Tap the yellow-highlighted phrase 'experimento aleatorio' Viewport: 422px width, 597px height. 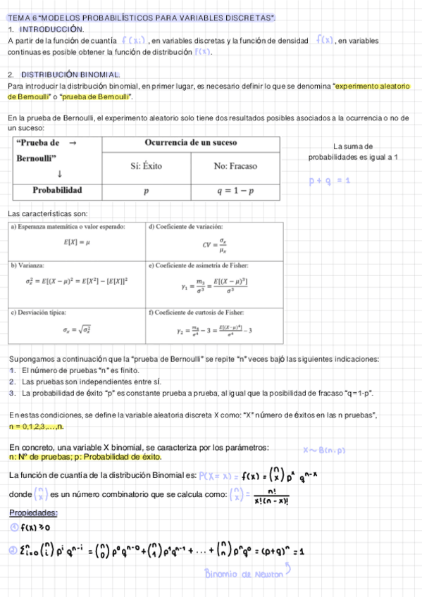372,86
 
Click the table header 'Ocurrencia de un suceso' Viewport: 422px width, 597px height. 190,143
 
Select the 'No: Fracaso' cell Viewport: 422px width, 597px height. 235,166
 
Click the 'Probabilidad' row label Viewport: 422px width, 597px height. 57,190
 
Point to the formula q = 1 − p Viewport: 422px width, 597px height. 235,191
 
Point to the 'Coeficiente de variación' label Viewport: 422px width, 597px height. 189,227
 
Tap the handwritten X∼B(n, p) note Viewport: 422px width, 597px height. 324,450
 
